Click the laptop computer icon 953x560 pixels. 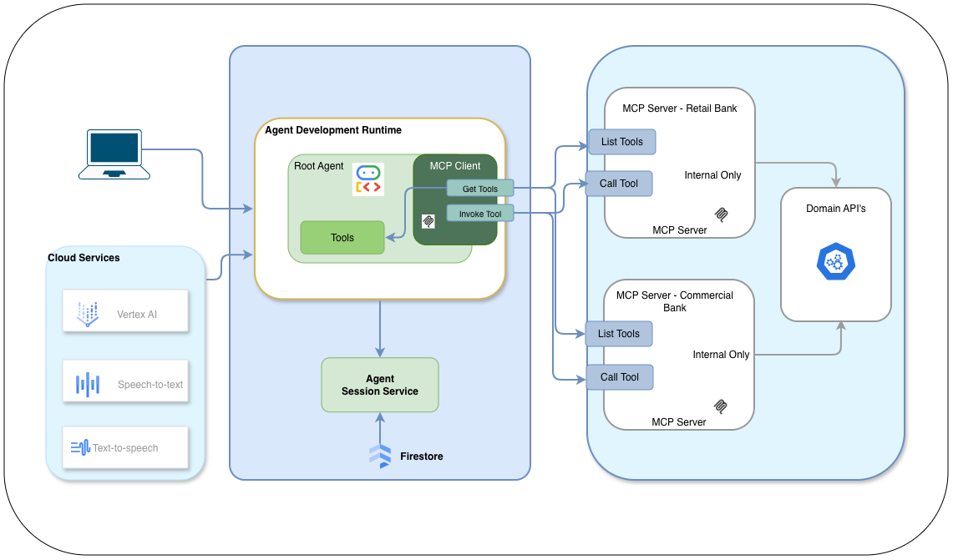(x=114, y=154)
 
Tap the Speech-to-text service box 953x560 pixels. (x=125, y=384)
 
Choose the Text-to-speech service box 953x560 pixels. (x=125, y=447)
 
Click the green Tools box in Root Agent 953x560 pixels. (x=342, y=238)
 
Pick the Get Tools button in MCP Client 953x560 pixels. (x=479, y=189)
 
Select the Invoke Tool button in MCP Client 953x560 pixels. (x=479, y=214)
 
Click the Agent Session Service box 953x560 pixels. (x=379, y=385)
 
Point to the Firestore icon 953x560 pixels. (x=380, y=456)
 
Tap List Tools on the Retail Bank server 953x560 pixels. (x=621, y=142)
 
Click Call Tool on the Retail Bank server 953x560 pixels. (x=618, y=184)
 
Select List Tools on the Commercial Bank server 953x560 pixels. (x=618, y=334)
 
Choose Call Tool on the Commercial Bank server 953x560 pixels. (x=619, y=377)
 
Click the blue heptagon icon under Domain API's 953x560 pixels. (x=834, y=261)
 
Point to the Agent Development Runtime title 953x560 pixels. (x=332, y=130)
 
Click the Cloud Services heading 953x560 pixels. (x=84, y=258)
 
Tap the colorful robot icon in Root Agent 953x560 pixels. (x=368, y=179)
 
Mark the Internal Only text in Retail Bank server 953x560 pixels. (x=712, y=175)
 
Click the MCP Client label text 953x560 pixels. (x=454, y=166)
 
